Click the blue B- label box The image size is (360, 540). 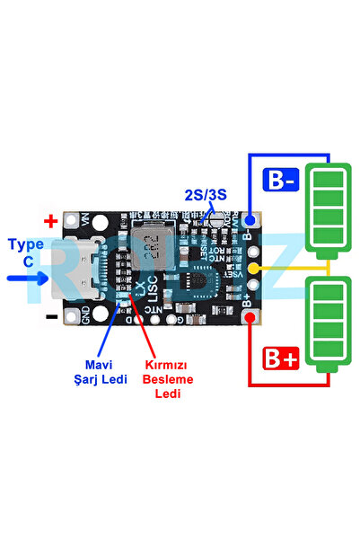coord(279,181)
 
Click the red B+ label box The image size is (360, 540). coord(279,361)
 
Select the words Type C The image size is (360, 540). coord(26,252)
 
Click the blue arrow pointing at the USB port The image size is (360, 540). coord(28,278)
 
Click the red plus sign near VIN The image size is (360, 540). coord(51,220)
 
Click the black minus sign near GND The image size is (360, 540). coord(51,316)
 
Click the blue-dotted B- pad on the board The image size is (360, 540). coord(253,218)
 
